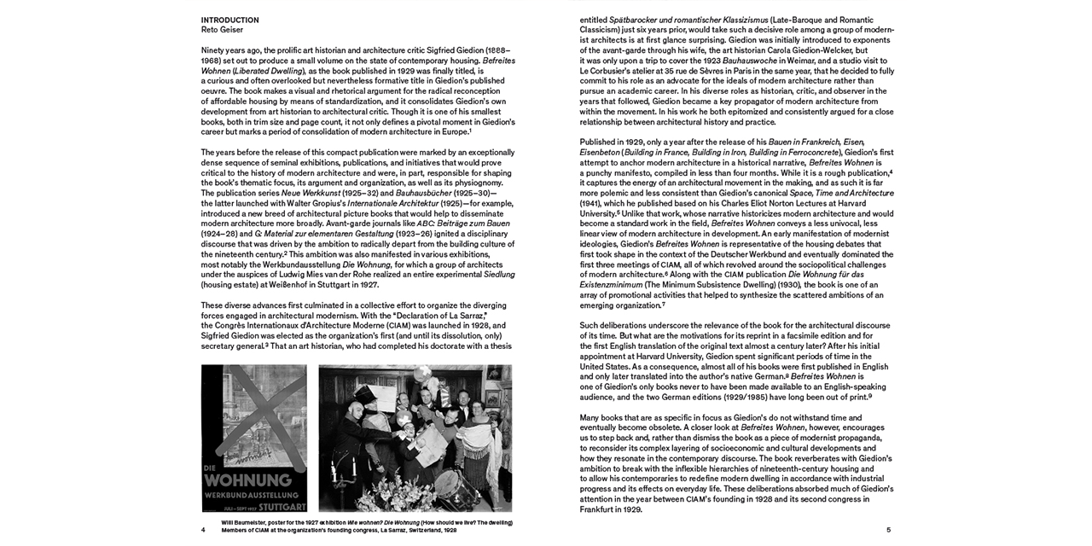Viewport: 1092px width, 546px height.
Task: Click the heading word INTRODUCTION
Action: pyautogui.click(x=229, y=20)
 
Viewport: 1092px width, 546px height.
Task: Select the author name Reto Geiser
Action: pyautogui.click(x=222, y=30)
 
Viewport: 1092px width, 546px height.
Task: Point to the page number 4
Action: pyautogui.click(x=203, y=530)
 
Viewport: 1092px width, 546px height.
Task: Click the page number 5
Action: pyautogui.click(x=888, y=530)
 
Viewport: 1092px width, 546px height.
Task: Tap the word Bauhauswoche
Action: pyautogui.click(x=750, y=61)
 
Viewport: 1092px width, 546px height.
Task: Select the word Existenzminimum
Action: pyautogui.click(x=612, y=284)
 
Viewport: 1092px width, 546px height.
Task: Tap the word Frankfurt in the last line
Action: pyautogui.click(x=598, y=509)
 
